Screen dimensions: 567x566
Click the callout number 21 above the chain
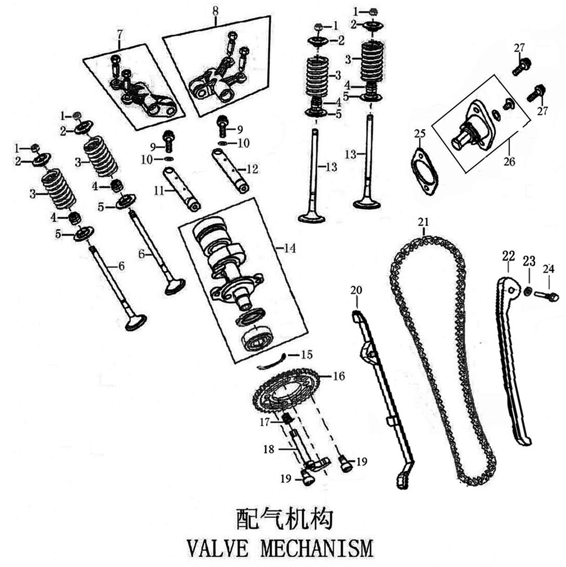pyautogui.click(x=423, y=222)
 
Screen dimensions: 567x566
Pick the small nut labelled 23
pyautogui.click(x=528, y=291)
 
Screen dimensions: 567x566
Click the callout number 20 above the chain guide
pyautogui.click(x=357, y=290)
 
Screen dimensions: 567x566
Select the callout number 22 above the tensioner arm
pyautogui.click(x=508, y=255)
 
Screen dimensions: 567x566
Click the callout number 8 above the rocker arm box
pyautogui.click(x=215, y=10)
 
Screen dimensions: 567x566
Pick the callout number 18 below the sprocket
pyautogui.click(x=269, y=449)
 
